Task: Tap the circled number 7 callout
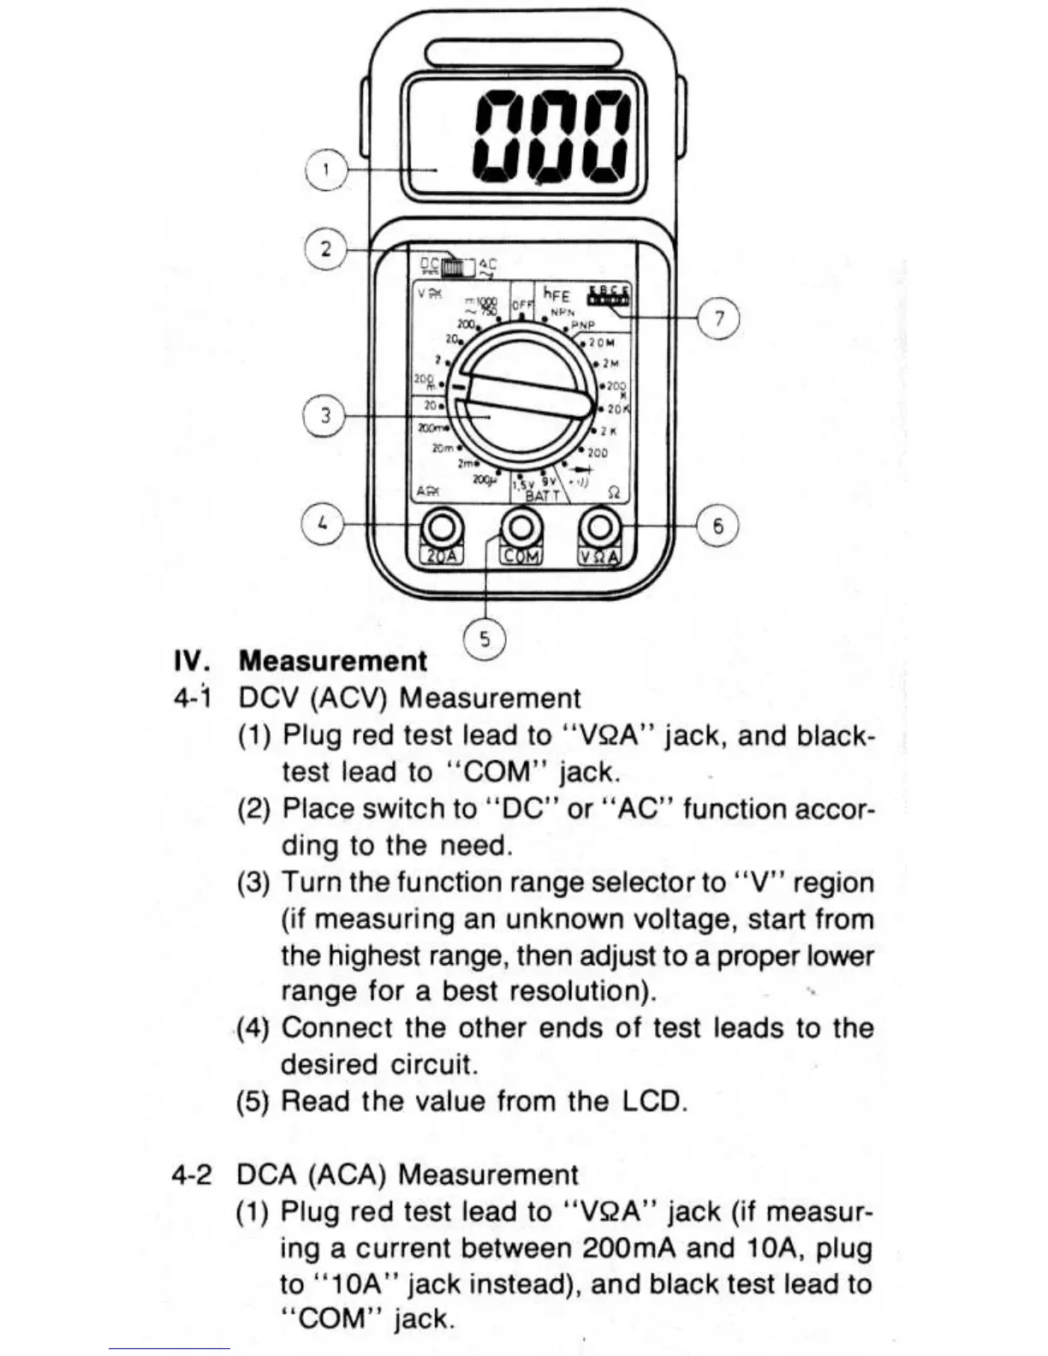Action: coord(719,318)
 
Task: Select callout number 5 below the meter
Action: coord(485,639)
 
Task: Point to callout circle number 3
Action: coord(325,416)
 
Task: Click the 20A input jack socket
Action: coord(443,526)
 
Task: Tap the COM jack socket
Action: coord(521,526)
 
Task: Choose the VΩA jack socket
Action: coord(601,526)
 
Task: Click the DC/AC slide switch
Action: coord(458,267)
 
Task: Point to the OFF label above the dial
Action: coord(522,306)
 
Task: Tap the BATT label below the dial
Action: coord(542,496)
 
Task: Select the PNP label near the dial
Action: coord(584,326)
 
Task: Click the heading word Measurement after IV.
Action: coord(332,661)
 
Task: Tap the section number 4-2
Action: coord(191,1175)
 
